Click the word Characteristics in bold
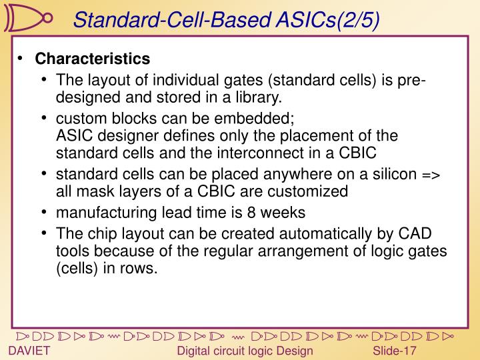pos(93,59)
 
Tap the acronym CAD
pos(414,235)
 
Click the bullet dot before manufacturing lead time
pos(44,213)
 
